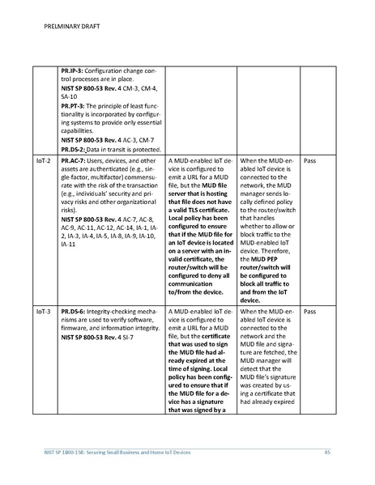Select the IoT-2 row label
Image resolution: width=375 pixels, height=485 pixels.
coord(44,161)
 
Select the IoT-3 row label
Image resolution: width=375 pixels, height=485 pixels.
coord(44,311)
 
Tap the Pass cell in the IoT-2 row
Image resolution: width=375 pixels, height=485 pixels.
coord(309,161)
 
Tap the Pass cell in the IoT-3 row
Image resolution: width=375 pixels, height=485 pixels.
coord(309,311)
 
